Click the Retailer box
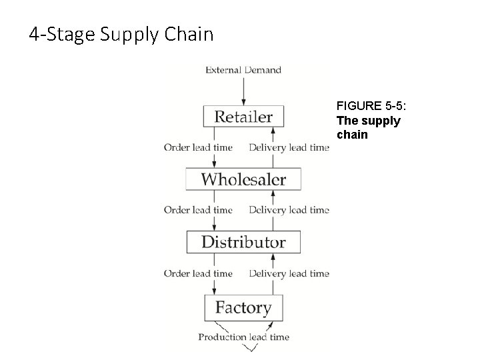point(243,117)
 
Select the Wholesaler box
point(243,179)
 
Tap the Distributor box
point(243,242)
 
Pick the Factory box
point(243,307)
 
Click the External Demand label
point(243,69)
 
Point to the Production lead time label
point(243,337)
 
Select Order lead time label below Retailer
point(198,147)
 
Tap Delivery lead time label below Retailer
point(289,147)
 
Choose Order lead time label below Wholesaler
point(198,210)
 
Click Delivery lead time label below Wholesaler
point(289,210)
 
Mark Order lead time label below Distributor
point(198,273)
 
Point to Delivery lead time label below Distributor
point(289,273)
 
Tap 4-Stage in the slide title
point(62,34)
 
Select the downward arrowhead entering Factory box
point(215,291)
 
